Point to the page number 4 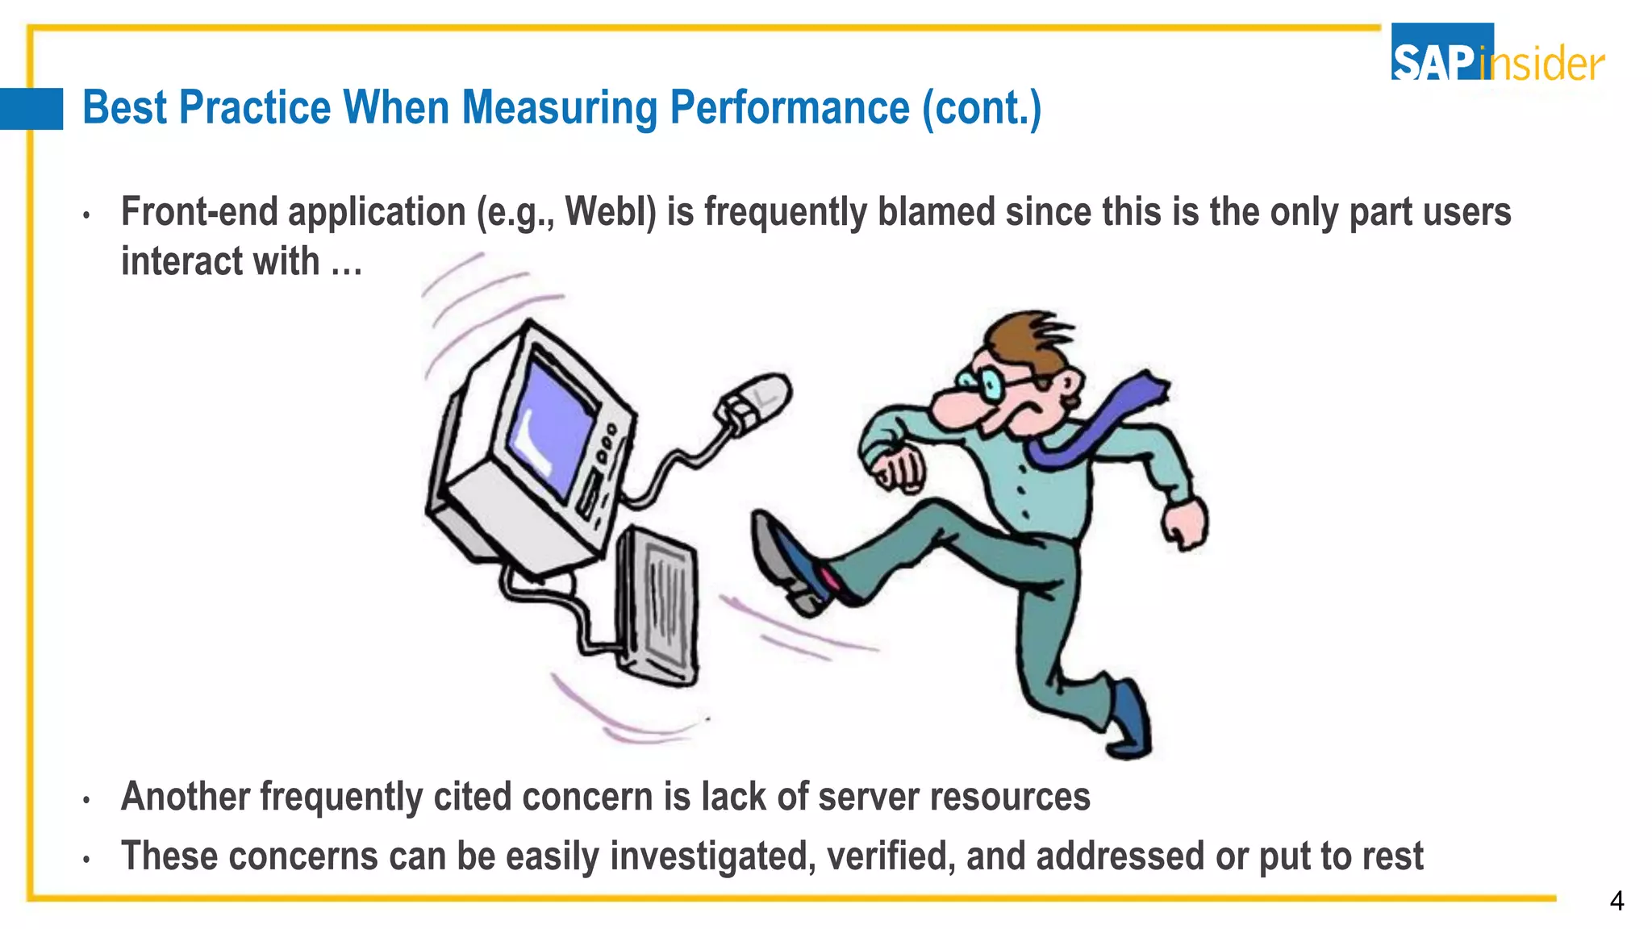tap(1616, 901)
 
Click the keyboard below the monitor tap(657, 605)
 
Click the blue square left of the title tap(31, 109)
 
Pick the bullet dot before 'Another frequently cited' tap(86, 800)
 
